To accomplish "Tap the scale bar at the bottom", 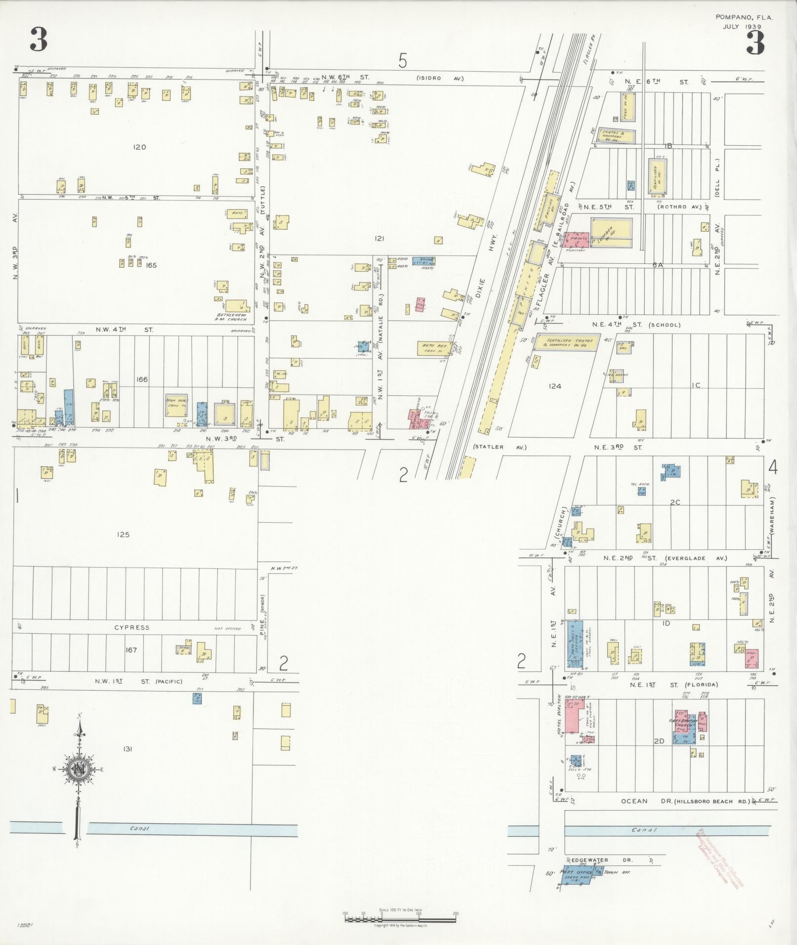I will tap(400, 919).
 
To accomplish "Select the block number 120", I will tap(139, 147).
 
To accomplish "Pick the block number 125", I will tap(123, 534).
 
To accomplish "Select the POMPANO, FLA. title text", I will tap(744, 17).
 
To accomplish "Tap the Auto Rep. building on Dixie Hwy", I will tap(434, 348).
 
